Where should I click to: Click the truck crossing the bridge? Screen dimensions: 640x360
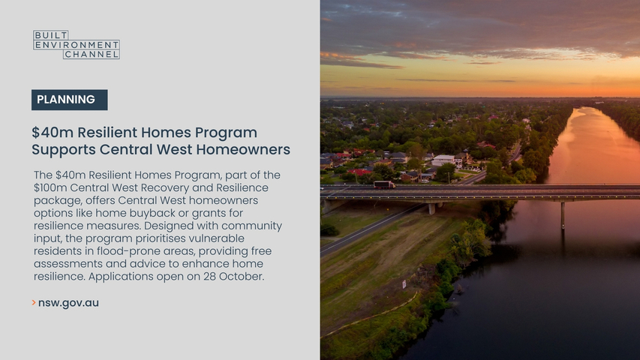point(384,185)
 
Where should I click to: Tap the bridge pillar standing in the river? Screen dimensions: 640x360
point(563,215)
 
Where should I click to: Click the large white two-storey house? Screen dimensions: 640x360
point(444,160)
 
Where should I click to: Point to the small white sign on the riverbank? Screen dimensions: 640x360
point(404,283)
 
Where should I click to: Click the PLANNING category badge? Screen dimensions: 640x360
point(69,100)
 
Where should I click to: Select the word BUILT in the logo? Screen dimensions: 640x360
point(50,35)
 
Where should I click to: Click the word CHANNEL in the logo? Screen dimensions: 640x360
point(92,54)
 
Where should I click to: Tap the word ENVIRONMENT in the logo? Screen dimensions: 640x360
point(77,45)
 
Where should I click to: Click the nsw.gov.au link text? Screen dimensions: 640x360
point(68,303)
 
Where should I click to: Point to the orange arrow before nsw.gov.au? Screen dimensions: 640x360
point(34,302)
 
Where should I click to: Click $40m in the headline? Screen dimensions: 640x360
point(53,133)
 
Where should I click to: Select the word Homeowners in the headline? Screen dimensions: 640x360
point(243,149)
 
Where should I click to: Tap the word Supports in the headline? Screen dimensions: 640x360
point(64,150)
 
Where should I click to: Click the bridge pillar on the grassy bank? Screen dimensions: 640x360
point(432,208)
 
